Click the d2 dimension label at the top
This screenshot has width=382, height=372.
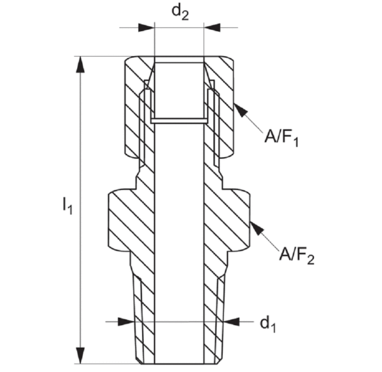(180, 12)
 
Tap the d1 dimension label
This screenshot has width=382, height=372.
(267, 324)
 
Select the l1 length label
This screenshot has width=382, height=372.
(67, 205)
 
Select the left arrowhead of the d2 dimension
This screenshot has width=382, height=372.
(148, 27)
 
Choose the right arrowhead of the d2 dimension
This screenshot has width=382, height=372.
(211, 27)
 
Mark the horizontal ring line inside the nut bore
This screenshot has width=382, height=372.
(180, 120)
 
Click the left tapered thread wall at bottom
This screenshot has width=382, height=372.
(145, 312)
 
